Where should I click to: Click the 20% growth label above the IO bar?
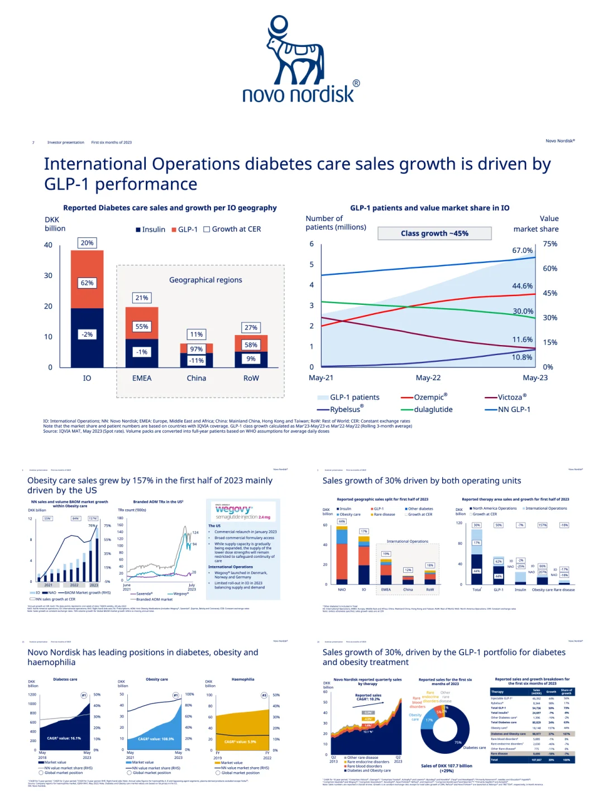(87, 243)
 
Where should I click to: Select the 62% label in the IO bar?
(87, 283)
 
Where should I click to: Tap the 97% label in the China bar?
(197, 349)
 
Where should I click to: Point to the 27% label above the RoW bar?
(251, 328)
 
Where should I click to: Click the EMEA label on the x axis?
(142, 378)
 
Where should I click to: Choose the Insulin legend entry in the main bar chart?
(151, 229)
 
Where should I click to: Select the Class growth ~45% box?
(434, 233)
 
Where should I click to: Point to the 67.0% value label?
(522, 251)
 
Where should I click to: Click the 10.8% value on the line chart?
(522, 357)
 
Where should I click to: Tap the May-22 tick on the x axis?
(428, 378)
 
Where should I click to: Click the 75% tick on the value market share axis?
(550, 244)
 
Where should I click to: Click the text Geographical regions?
(205, 280)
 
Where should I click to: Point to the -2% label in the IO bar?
(87, 334)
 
